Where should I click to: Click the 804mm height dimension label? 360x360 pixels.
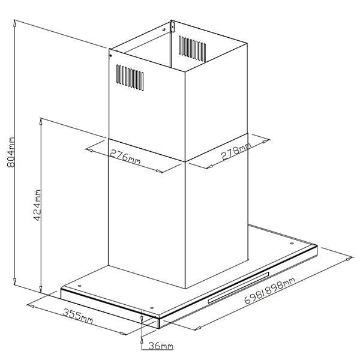pyautogui.click(x=11, y=152)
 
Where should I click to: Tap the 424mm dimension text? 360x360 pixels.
pyautogui.click(x=37, y=205)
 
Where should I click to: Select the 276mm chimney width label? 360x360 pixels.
pyautogui.click(x=125, y=157)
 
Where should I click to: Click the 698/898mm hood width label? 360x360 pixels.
pyautogui.click(x=269, y=290)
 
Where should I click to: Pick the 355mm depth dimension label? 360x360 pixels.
pyautogui.click(x=78, y=316)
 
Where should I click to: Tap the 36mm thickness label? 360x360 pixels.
pyautogui.click(x=161, y=346)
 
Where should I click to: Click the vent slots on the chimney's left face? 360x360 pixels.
pyautogui.click(x=130, y=77)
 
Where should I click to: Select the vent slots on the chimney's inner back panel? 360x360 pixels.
pyautogui.click(x=193, y=49)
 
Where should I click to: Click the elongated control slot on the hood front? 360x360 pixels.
pyautogui.click(x=239, y=287)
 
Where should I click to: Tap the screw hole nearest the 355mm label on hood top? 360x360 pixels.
pyautogui.click(x=152, y=308)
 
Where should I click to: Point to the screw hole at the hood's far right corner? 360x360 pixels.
pyautogui.click(x=292, y=244)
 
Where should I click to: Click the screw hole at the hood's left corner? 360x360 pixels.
pyautogui.click(x=79, y=286)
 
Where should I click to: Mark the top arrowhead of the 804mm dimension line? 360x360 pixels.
pyautogui.click(x=14, y=23)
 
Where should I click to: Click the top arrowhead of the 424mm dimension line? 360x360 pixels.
pyautogui.click(x=41, y=121)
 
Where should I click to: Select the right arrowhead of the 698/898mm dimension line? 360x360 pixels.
pyautogui.click(x=350, y=259)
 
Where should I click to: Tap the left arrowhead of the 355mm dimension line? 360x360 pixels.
pyautogui.click(x=31, y=305)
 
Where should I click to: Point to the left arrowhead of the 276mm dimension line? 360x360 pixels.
pyautogui.click(x=89, y=150)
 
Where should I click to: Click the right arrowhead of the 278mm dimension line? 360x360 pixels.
pyautogui.click(x=266, y=140)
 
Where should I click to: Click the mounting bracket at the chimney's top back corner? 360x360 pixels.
pyautogui.click(x=172, y=26)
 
